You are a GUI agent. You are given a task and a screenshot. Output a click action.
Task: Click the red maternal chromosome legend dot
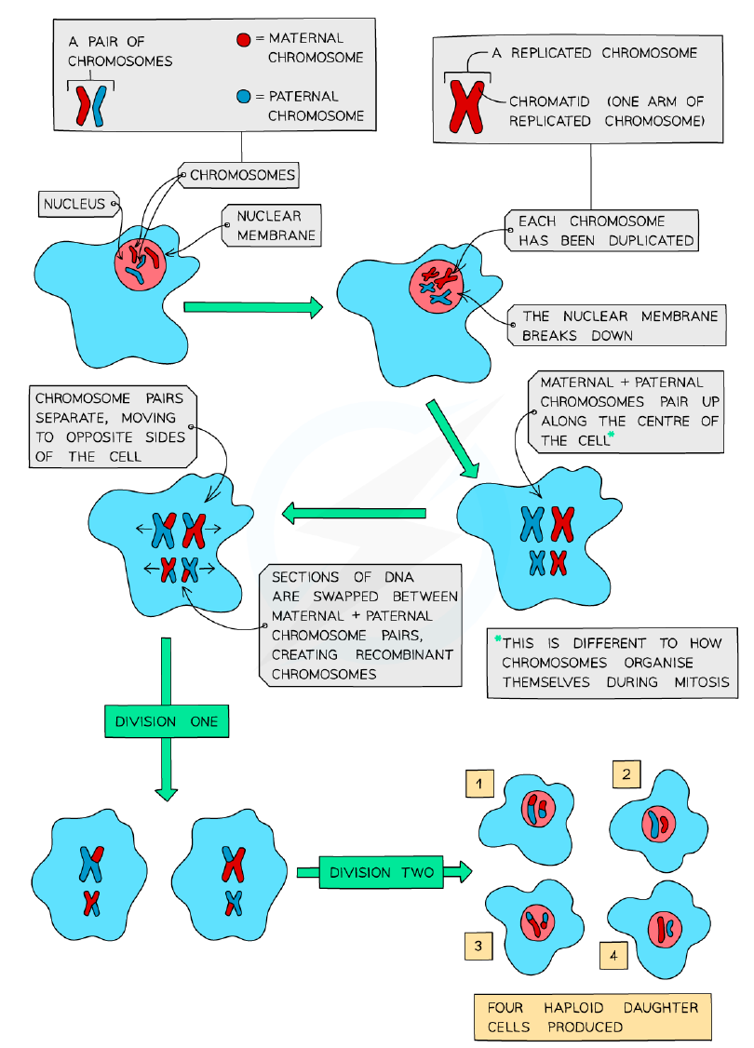pyautogui.click(x=244, y=39)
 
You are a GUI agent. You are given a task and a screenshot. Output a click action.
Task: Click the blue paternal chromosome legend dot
pyautogui.click(x=244, y=96)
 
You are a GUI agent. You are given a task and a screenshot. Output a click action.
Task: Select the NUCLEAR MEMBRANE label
pyautogui.click(x=272, y=225)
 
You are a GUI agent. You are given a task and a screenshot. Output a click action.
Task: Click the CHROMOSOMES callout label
pyautogui.click(x=239, y=175)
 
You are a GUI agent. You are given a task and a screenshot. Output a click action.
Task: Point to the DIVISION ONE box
pyautogui.click(x=167, y=721)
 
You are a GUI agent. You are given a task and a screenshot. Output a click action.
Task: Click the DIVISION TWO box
pyautogui.click(x=381, y=872)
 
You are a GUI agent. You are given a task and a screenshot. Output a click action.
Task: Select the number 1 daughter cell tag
pyautogui.click(x=479, y=784)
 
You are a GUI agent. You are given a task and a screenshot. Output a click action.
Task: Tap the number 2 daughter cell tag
pyautogui.click(x=626, y=774)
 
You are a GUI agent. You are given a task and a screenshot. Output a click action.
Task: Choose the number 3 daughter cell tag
pyautogui.click(x=478, y=946)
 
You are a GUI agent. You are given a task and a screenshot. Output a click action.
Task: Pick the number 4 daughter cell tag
pyautogui.click(x=613, y=956)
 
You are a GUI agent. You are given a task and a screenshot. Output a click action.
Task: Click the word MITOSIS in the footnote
pyautogui.click(x=701, y=682)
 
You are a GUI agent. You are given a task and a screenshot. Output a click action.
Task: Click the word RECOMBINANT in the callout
pyautogui.click(x=404, y=654)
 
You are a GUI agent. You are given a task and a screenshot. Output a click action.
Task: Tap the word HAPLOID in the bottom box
pyautogui.click(x=573, y=1007)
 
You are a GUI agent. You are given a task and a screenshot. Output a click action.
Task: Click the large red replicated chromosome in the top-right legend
pyautogui.click(x=466, y=106)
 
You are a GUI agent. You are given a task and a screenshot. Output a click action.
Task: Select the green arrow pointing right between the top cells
pyautogui.click(x=253, y=307)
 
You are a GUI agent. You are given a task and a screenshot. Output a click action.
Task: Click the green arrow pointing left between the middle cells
pyautogui.click(x=355, y=514)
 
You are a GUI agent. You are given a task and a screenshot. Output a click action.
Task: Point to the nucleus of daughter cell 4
pyautogui.click(x=665, y=929)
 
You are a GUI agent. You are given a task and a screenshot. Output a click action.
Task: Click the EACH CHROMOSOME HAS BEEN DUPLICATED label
pyautogui.click(x=601, y=231)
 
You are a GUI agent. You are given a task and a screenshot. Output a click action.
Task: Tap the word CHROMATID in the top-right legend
pyautogui.click(x=549, y=101)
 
